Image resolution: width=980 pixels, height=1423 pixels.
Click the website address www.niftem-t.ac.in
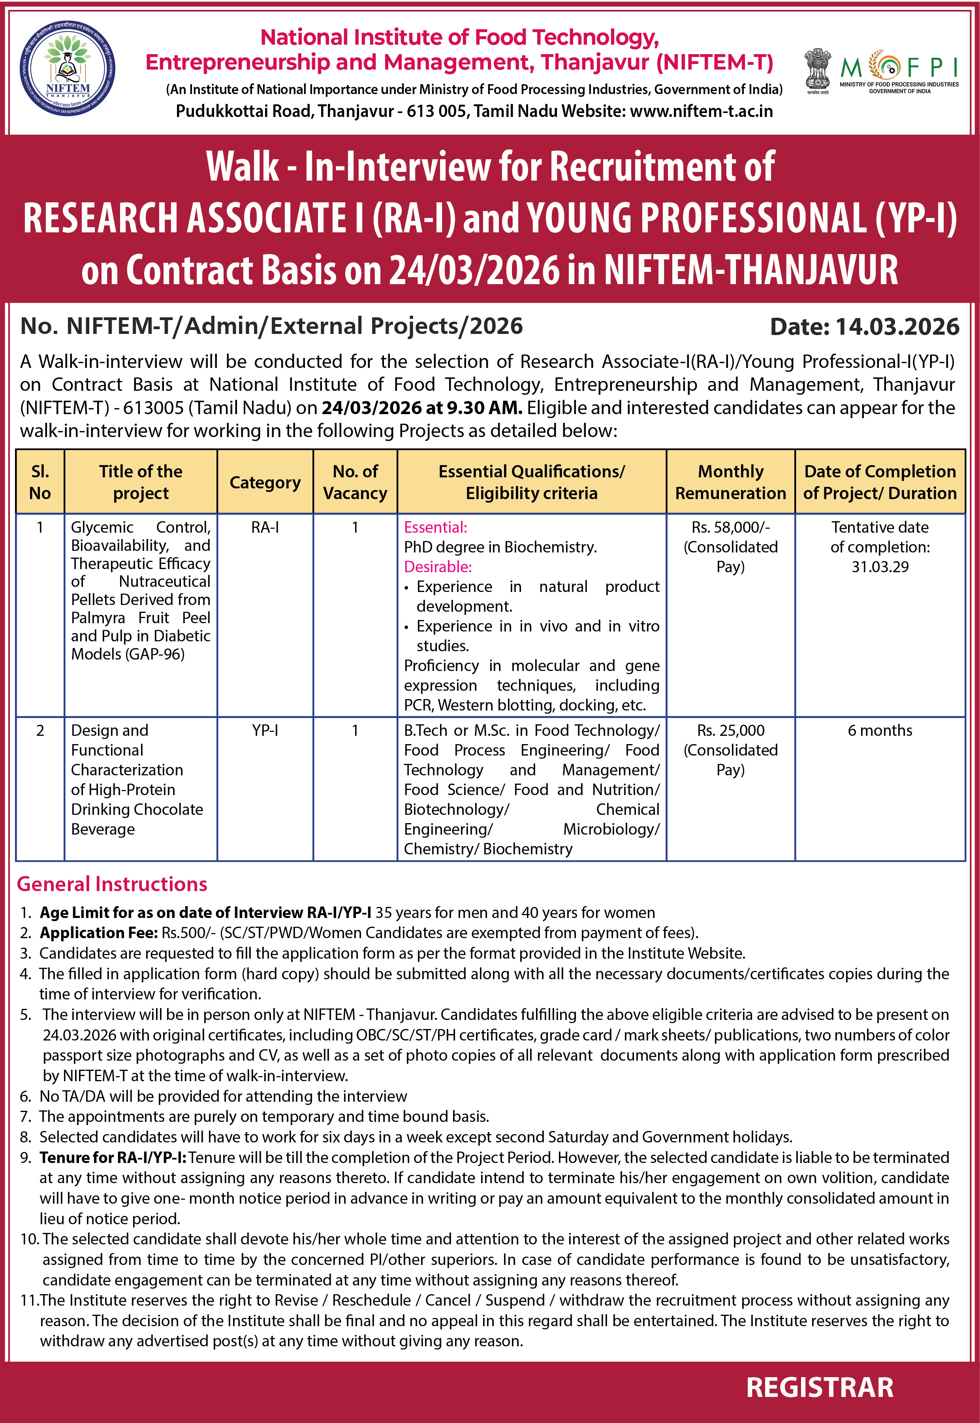[x=701, y=111]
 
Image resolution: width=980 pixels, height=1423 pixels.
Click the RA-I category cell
[x=265, y=528]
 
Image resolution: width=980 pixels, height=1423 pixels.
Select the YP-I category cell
[x=265, y=730]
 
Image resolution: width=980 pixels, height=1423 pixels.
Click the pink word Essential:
[x=435, y=528]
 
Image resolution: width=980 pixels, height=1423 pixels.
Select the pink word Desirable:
[x=438, y=567]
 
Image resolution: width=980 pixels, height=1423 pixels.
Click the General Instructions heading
[x=112, y=884]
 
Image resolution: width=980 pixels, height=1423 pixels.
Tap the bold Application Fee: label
[x=99, y=933]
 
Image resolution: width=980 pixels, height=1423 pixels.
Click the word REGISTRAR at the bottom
[x=820, y=1387]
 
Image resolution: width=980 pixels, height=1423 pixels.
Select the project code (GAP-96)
[x=155, y=654]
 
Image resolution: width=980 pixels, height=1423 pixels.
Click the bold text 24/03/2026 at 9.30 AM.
[x=422, y=408]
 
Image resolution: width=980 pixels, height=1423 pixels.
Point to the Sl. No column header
[x=40, y=482]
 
